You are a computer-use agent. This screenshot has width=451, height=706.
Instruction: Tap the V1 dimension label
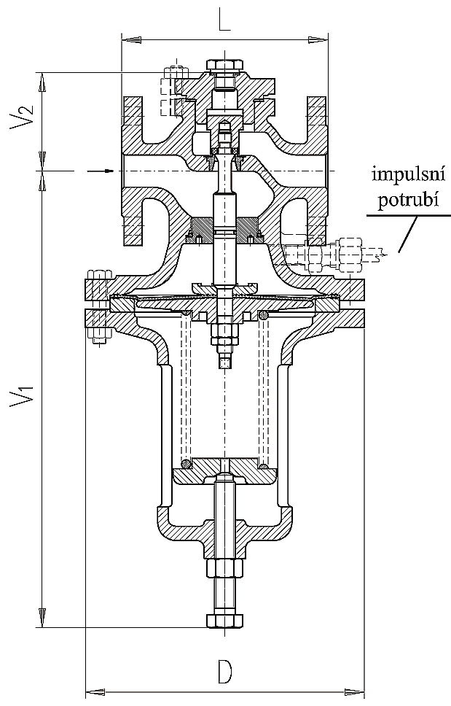(22, 398)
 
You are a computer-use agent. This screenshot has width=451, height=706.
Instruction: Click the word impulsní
(407, 176)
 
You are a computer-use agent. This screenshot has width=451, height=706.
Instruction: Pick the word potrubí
(407, 200)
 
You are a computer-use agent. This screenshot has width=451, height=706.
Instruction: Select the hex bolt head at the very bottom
(225, 621)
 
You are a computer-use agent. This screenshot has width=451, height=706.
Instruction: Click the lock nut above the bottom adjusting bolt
(225, 567)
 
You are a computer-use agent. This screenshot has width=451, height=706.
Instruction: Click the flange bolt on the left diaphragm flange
(98, 306)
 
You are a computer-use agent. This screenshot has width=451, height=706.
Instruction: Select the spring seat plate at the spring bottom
(225, 473)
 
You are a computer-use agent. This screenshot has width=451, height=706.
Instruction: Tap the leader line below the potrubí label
(408, 234)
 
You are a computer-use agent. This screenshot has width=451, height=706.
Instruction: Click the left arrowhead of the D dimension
(91, 690)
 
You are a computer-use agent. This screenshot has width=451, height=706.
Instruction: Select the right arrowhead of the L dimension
(323, 36)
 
